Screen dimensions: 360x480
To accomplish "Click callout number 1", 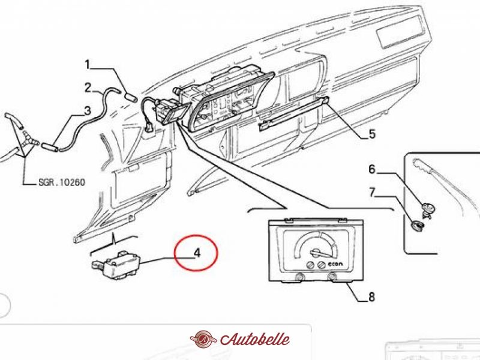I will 87,64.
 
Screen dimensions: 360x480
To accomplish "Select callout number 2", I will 88,88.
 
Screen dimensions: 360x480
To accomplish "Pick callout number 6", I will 371,169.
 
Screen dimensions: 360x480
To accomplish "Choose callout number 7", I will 371,193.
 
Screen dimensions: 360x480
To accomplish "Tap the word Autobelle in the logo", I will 255,339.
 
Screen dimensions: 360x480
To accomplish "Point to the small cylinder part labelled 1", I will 130,94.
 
